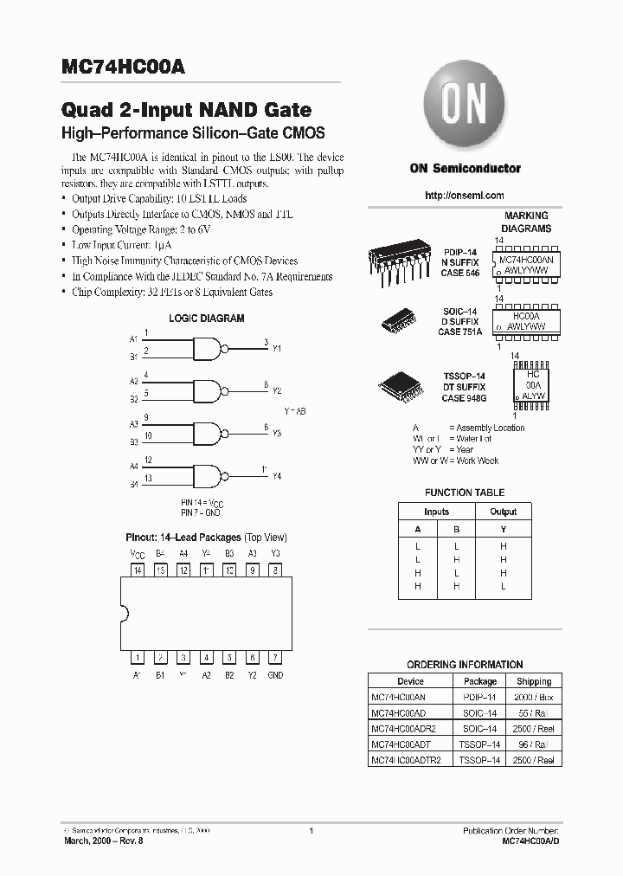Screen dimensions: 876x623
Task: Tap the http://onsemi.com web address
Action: [x=465, y=196]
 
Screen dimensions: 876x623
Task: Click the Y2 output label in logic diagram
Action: [x=277, y=390]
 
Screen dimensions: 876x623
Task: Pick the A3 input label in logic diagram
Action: [x=134, y=424]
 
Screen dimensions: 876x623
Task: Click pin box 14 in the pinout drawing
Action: [x=138, y=570]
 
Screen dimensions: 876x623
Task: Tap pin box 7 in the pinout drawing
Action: [x=274, y=657]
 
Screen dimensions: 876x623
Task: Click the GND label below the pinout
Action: [x=274, y=675]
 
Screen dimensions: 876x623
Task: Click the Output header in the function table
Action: [x=503, y=512]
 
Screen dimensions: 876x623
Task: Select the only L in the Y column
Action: [x=503, y=587]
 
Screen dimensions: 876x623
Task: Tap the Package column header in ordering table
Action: [x=480, y=681]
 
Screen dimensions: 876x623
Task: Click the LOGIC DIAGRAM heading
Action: [x=206, y=319]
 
